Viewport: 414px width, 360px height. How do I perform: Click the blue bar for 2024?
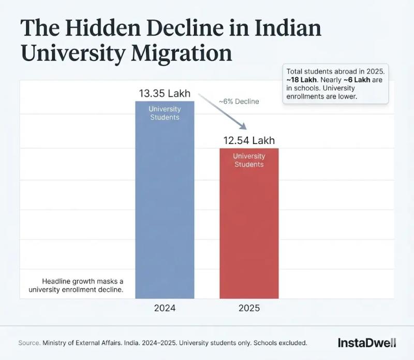coord(165,207)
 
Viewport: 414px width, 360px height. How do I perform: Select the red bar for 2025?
coord(249,228)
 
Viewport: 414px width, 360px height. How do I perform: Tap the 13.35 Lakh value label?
coord(165,94)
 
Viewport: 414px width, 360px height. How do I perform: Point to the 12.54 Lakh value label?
coord(249,140)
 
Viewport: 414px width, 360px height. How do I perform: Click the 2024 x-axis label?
coord(165,308)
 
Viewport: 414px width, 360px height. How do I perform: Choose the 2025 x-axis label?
coord(249,308)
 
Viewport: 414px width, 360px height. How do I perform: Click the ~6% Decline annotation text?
coord(239,102)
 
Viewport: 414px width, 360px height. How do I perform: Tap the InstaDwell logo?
coord(366,342)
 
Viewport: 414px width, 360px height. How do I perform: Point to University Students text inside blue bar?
coord(165,113)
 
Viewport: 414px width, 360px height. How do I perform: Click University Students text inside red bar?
coord(249,160)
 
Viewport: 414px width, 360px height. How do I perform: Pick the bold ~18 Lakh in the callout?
coord(301,79)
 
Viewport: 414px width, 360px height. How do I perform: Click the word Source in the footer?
coord(28,343)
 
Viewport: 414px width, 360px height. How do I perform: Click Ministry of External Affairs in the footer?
coord(83,343)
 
